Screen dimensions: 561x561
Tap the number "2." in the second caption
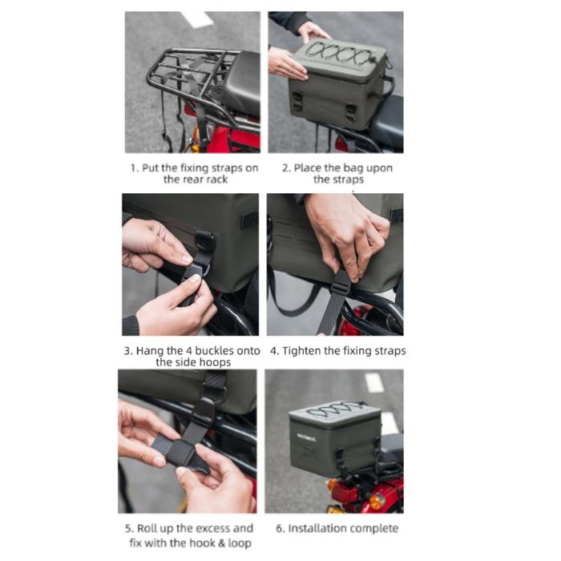[286, 167]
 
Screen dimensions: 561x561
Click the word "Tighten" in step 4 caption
[301, 351]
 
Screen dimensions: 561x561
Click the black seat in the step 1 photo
[239, 82]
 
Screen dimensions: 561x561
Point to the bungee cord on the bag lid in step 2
[341, 54]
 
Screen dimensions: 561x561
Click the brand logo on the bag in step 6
[306, 437]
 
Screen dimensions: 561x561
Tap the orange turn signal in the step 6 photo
[377, 501]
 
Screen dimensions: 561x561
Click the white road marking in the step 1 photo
[197, 19]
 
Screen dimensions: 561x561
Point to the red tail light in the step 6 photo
[344, 493]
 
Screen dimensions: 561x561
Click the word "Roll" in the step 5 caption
[147, 528]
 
